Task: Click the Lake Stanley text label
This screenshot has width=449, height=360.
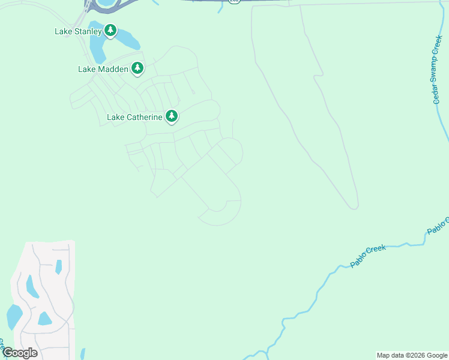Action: point(78,31)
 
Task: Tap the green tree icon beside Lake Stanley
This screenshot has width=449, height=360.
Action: point(110,30)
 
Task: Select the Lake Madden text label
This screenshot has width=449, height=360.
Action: point(103,69)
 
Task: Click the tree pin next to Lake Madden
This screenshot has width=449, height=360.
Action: point(137,68)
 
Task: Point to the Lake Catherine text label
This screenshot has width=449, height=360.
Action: point(134,117)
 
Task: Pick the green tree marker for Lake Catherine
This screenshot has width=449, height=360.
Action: point(172,116)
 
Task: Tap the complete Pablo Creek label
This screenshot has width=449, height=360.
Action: point(368,256)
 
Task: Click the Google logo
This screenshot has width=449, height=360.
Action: point(19,353)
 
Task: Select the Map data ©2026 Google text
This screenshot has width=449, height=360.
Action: point(412,355)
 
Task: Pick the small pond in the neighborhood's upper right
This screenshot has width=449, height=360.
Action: point(59,266)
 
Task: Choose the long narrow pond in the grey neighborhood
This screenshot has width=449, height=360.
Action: point(32,287)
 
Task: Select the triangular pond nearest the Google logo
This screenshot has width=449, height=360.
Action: point(44,318)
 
